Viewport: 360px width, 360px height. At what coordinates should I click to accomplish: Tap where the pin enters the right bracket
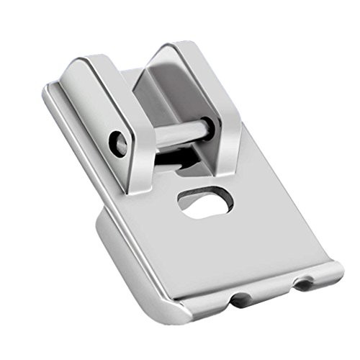207,125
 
